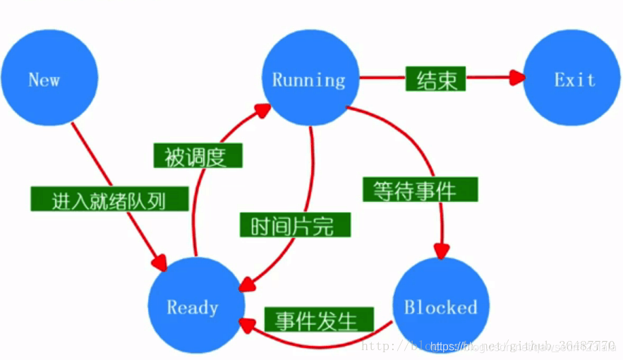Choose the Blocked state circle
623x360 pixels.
441,307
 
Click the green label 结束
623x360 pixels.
435,78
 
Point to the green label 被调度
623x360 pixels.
198,156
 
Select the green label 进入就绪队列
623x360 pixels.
109,200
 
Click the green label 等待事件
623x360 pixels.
420,190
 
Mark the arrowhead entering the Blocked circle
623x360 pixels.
442,251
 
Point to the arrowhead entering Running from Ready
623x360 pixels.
262,110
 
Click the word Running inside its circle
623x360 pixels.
309,79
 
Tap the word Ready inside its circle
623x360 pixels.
193,308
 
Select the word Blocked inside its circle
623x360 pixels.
441,308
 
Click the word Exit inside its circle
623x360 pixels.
574,80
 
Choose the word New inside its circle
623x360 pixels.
44,79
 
